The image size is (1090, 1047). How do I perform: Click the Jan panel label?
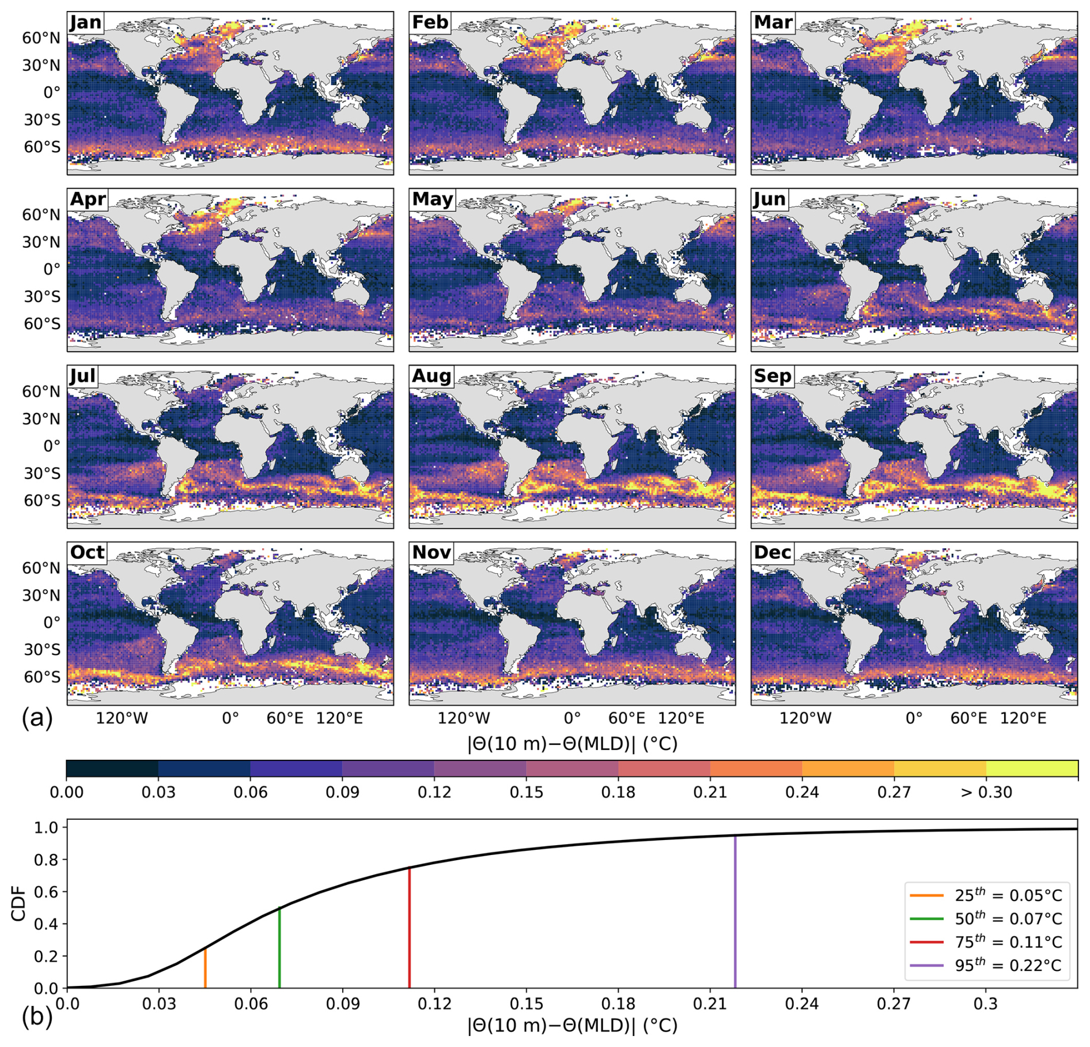click(85, 22)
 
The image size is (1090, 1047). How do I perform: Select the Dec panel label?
click(772, 552)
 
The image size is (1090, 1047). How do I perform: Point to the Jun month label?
click(769, 199)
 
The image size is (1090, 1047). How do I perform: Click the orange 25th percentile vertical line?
click(205, 969)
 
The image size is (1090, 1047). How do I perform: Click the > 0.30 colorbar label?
click(986, 792)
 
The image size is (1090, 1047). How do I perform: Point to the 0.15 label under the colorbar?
click(526, 792)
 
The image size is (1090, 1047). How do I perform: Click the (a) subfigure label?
click(37, 718)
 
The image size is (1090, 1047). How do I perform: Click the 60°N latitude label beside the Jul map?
click(41, 391)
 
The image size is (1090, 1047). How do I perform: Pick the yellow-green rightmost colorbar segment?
click(1031, 769)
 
